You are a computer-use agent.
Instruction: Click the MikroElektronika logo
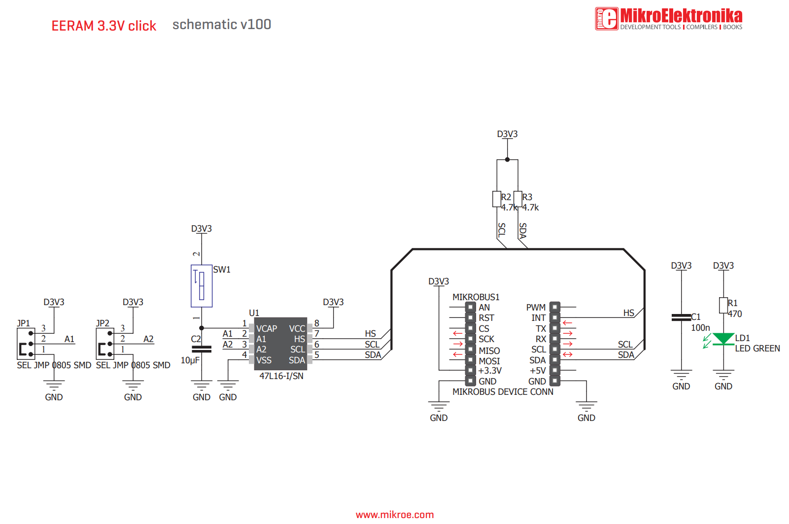[668, 19]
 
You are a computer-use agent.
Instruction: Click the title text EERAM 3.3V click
[103, 26]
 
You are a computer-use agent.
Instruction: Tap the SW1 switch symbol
[202, 286]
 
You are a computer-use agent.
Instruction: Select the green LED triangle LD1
[723, 339]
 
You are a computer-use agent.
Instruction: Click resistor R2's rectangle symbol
[497, 199]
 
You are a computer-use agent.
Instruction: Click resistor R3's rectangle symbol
[518, 199]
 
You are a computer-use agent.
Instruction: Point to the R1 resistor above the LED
[723, 305]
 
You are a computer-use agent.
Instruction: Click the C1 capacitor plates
[682, 317]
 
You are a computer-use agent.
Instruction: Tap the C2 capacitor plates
[202, 349]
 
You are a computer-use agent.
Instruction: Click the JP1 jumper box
[26, 344]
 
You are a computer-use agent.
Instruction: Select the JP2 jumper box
[105, 344]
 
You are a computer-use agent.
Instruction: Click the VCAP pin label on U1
[267, 329]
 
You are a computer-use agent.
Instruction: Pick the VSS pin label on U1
[264, 360]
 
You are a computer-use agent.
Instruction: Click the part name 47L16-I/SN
[281, 376]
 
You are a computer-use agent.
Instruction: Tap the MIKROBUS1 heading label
[476, 297]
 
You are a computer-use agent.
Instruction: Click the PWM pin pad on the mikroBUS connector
[555, 307]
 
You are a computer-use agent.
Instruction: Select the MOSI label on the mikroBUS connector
[489, 350]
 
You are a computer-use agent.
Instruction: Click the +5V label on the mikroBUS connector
[537, 371]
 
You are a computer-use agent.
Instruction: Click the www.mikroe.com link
[394, 515]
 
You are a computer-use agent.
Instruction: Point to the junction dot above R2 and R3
[507, 160]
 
